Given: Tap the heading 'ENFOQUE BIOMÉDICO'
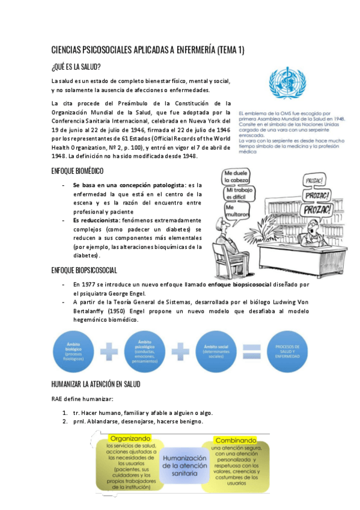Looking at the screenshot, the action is [78, 171].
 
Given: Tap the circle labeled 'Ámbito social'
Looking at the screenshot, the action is [216, 349].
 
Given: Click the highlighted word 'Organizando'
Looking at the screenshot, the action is [129, 439].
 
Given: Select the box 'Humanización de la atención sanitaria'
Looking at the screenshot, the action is [183, 465].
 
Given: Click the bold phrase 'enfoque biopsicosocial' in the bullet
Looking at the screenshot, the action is [238, 284].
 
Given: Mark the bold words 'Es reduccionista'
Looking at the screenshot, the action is [96, 220].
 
